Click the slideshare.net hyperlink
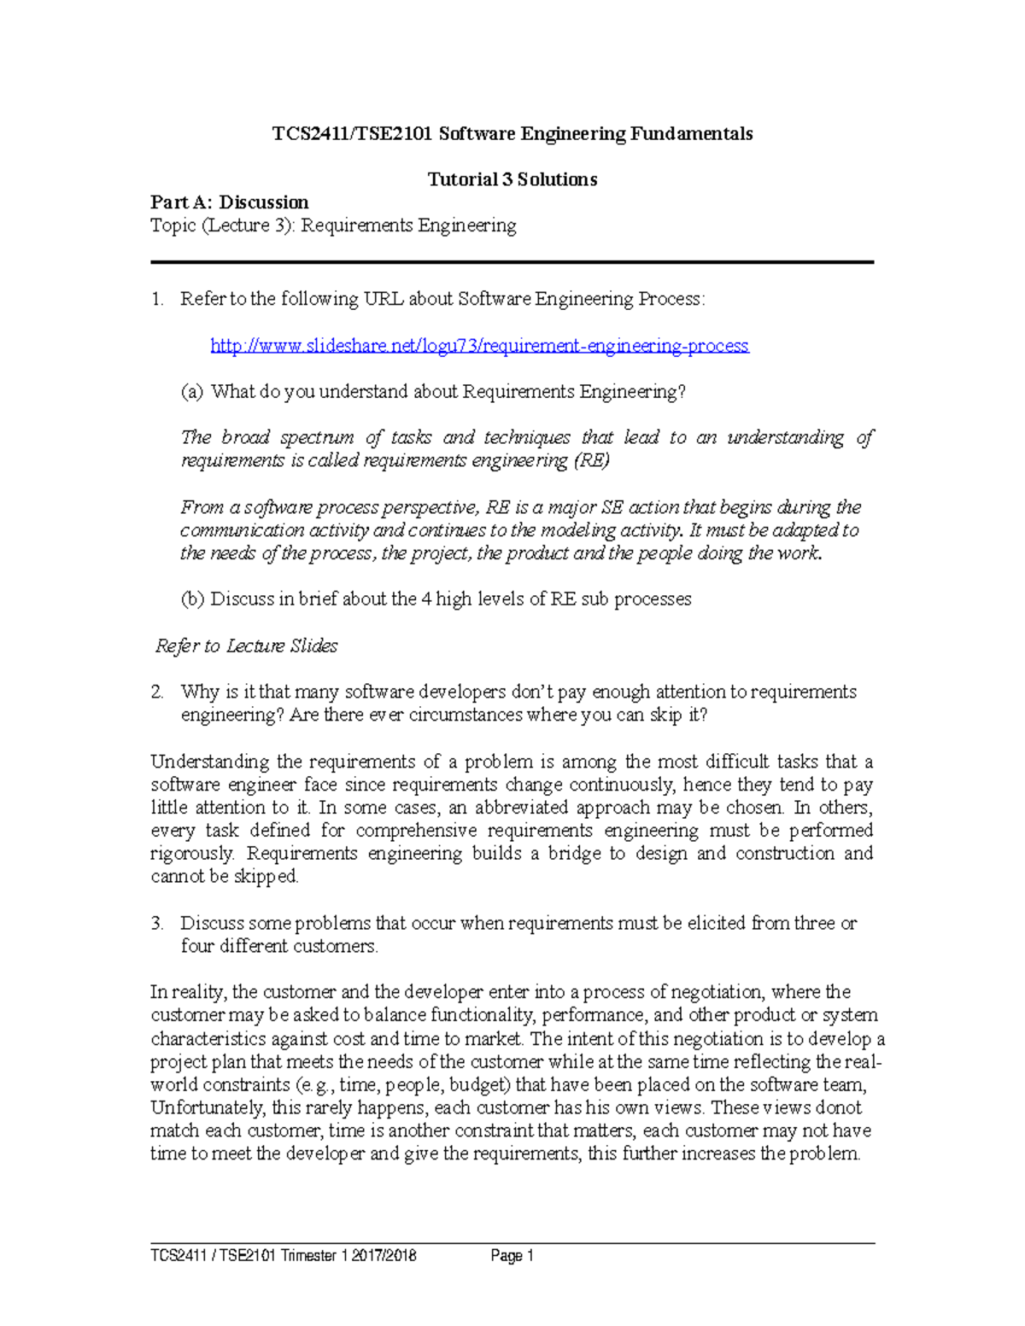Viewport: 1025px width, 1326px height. pyautogui.click(x=479, y=346)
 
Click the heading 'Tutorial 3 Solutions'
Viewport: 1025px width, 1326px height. pyautogui.click(x=512, y=179)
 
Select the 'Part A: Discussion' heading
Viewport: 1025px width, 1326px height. pyautogui.click(x=230, y=202)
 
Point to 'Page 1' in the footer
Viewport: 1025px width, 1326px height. pyautogui.click(x=512, y=1255)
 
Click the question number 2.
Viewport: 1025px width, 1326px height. pyautogui.click(x=156, y=692)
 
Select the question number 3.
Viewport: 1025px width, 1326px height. pyautogui.click(x=156, y=923)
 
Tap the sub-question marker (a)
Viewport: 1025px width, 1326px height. pyautogui.click(x=192, y=392)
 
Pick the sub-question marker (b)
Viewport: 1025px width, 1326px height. pyautogui.click(x=192, y=599)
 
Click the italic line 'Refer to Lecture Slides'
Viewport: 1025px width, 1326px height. pyautogui.click(x=246, y=646)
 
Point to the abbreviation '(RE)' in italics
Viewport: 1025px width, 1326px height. pyautogui.click(x=591, y=461)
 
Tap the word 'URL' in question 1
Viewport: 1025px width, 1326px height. pyautogui.click(x=384, y=300)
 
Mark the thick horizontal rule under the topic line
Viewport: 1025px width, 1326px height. pyautogui.click(x=512, y=262)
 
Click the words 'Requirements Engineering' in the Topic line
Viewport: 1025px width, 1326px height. pyautogui.click(x=408, y=226)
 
